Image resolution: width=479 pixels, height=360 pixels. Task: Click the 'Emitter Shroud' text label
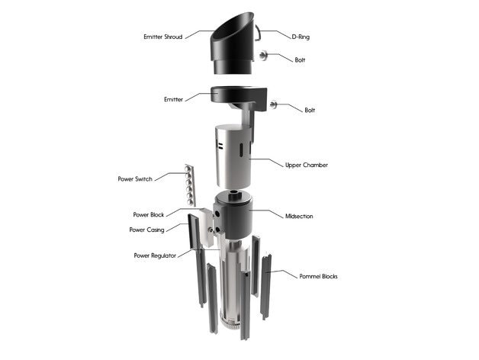163,36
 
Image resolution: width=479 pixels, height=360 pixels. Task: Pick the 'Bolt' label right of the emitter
310,111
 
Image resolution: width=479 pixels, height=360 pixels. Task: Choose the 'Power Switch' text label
135,179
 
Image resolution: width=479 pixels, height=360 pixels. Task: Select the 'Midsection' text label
299,216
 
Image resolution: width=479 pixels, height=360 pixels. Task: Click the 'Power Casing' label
146,230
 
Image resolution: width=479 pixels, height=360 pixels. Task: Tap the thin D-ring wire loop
260,33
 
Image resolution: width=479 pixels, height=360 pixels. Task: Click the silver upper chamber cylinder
233,156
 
